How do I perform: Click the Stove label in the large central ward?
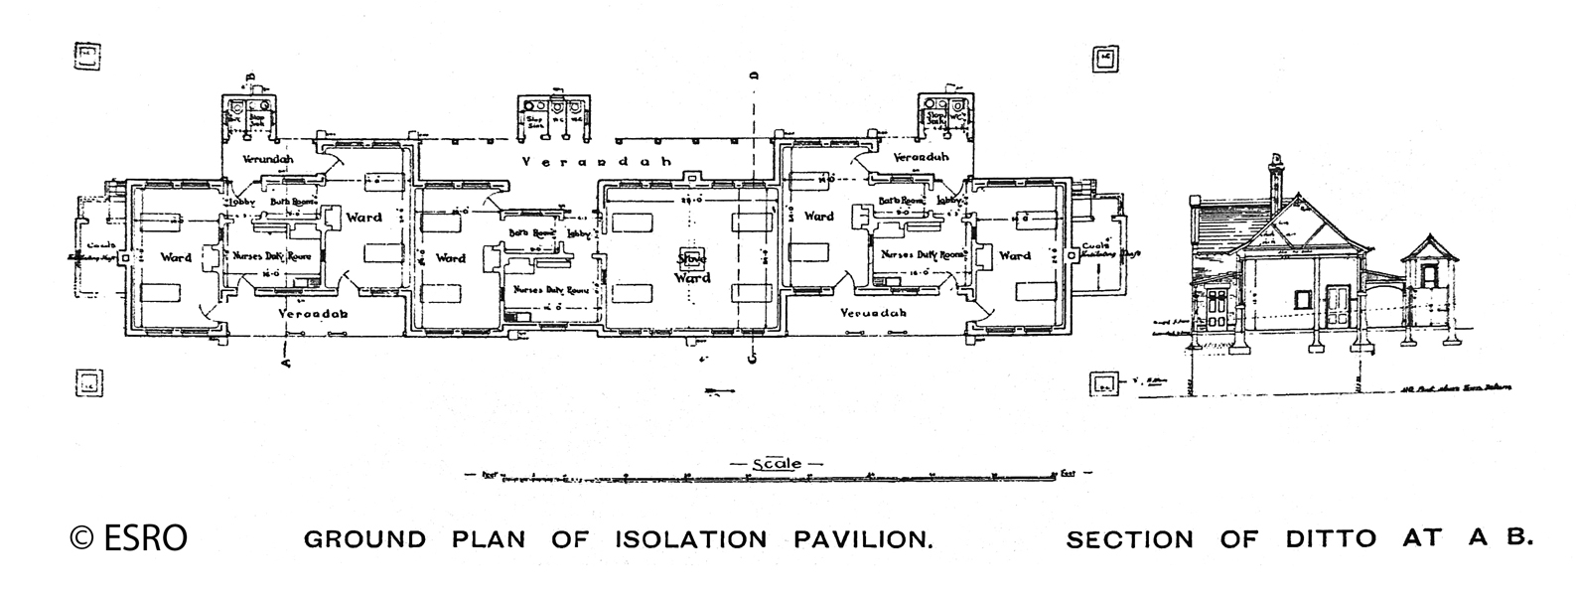pyautogui.click(x=692, y=260)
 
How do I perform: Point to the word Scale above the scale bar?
pyautogui.click(x=777, y=463)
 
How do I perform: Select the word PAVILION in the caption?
pyautogui.click(x=863, y=539)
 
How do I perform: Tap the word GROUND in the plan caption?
pyautogui.click(x=364, y=539)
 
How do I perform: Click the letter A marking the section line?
pyautogui.click(x=286, y=363)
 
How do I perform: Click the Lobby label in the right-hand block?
pyautogui.click(x=950, y=200)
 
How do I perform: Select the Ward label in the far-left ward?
pyautogui.click(x=176, y=257)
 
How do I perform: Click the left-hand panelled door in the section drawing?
pyautogui.click(x=1215, y=312)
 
